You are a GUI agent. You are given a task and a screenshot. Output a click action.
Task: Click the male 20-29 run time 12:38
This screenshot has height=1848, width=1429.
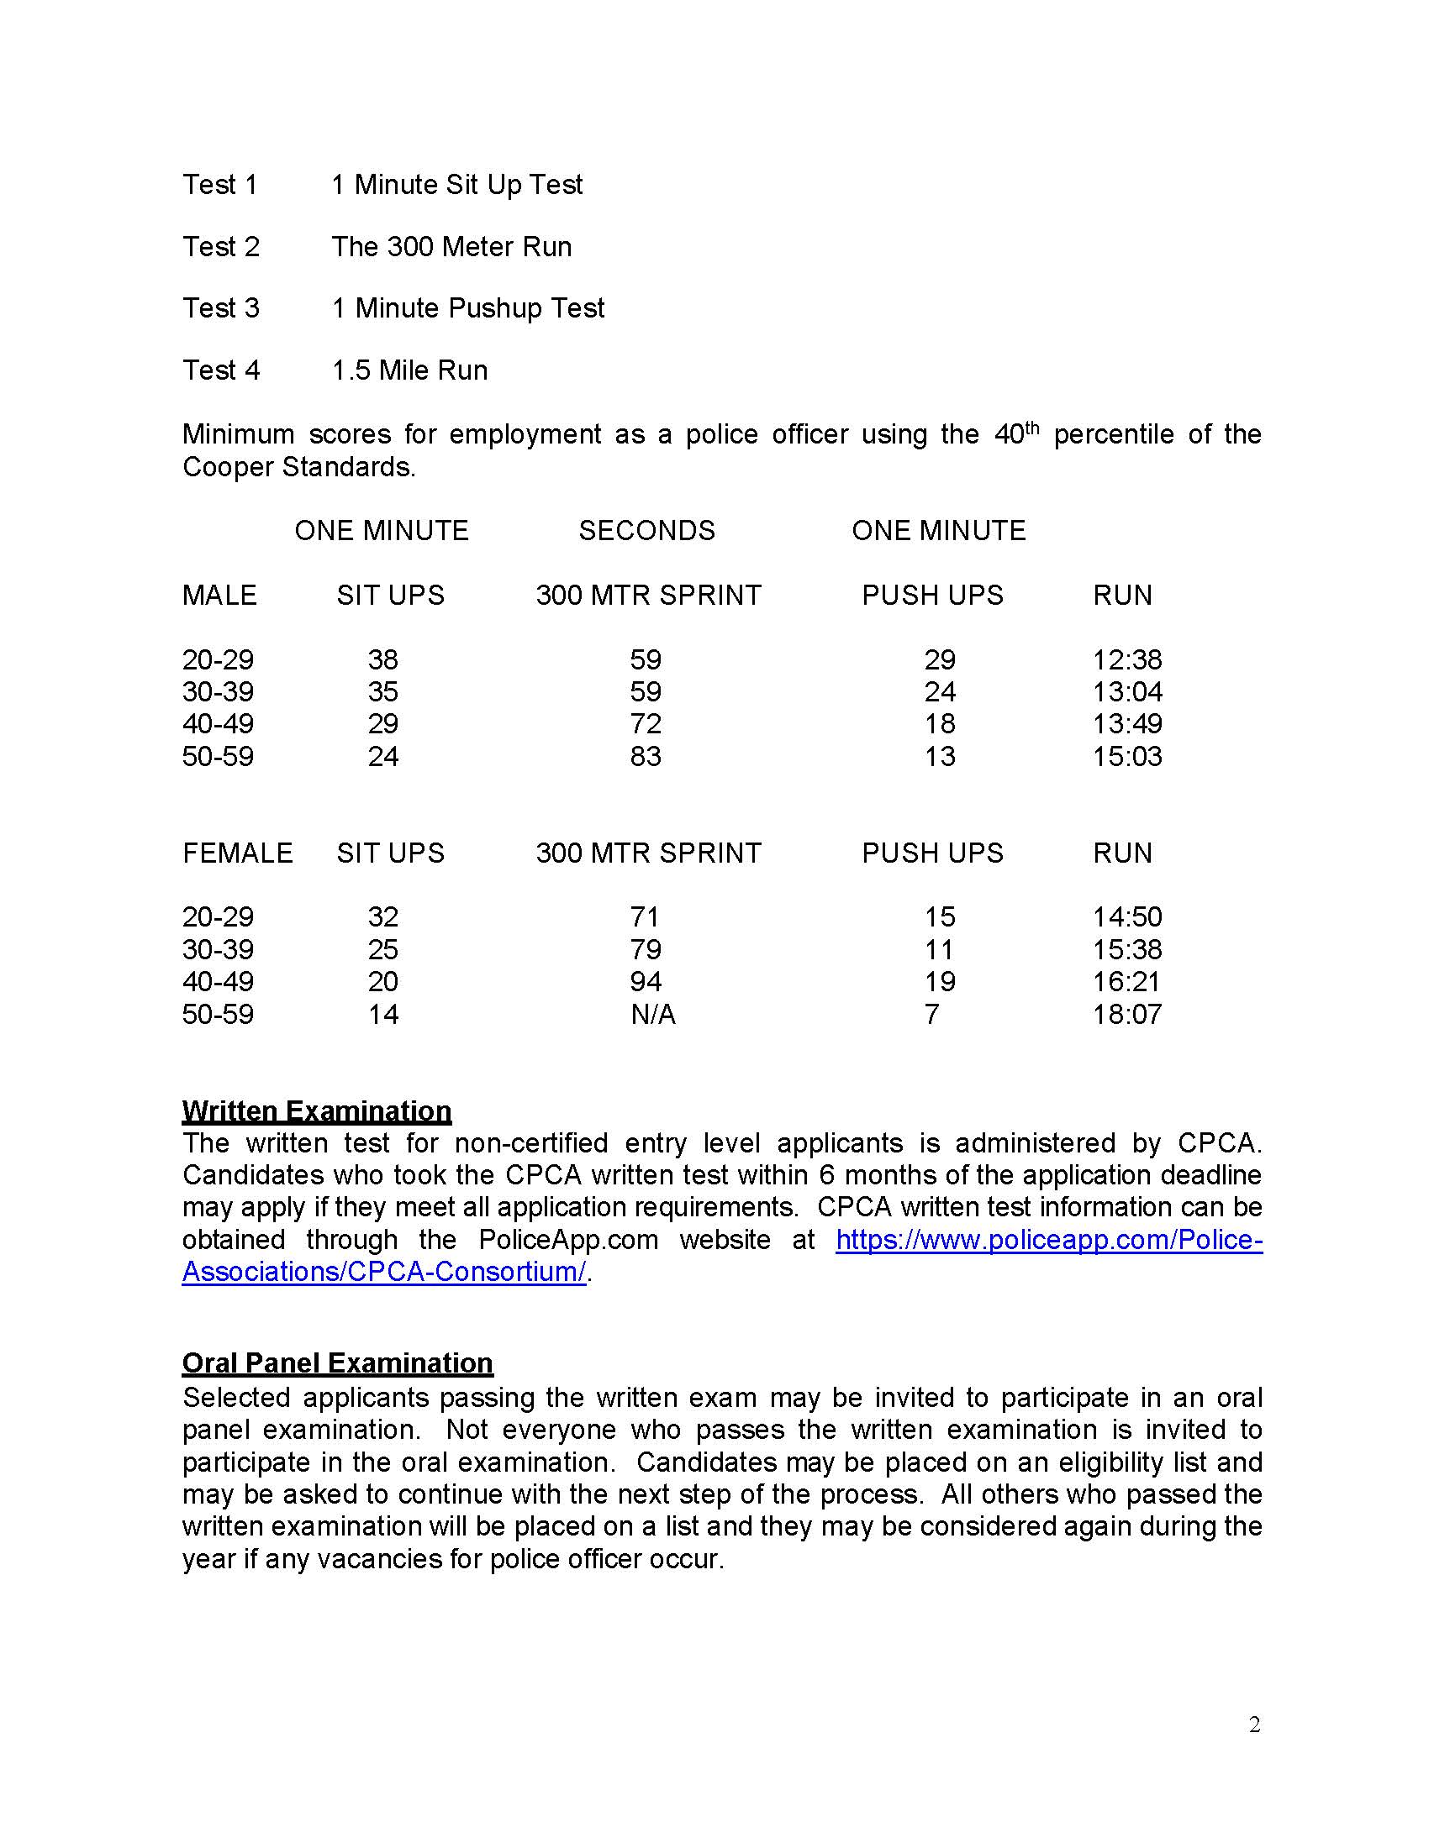point(1126,660)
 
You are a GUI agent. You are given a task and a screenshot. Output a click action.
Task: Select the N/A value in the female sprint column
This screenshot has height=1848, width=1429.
point(652,1014)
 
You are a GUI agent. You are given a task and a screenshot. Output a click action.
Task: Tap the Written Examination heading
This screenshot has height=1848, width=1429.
point(317,1111)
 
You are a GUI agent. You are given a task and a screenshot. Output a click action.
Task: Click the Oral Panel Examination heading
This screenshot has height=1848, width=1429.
point(337,1363)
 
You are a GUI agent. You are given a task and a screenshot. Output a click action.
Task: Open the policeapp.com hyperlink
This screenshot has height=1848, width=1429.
point(1048,1240)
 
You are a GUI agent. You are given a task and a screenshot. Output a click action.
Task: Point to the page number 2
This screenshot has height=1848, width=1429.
point(1254,1725)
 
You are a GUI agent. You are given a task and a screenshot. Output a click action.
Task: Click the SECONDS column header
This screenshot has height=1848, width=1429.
point(646,531)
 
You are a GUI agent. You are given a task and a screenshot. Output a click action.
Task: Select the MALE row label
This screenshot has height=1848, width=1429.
point(219,596)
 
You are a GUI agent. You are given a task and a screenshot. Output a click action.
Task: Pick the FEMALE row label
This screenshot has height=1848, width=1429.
point(237,853)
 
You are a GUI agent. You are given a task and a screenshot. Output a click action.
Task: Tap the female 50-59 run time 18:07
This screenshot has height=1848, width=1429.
point(1126,1014)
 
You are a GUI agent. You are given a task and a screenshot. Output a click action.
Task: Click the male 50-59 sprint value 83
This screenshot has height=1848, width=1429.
point(645,757)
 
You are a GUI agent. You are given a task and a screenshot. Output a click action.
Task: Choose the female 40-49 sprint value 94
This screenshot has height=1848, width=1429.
point(645,981)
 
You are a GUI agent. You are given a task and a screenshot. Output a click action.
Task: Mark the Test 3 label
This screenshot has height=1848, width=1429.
point(221,308)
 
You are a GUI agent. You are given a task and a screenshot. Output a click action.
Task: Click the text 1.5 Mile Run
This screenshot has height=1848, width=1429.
point(409,370)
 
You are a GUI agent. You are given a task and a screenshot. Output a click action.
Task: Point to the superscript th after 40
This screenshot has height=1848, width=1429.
point(1031,427)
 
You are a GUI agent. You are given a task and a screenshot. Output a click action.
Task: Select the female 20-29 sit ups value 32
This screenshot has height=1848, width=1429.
point(382,917)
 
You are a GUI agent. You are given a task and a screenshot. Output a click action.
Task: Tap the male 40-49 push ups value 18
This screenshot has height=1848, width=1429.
point(939,724)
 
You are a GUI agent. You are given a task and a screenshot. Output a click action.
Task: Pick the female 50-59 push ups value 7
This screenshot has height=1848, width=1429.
point(931,1014)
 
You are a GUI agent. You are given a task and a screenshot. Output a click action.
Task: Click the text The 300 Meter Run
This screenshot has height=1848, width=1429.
point(451,247)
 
